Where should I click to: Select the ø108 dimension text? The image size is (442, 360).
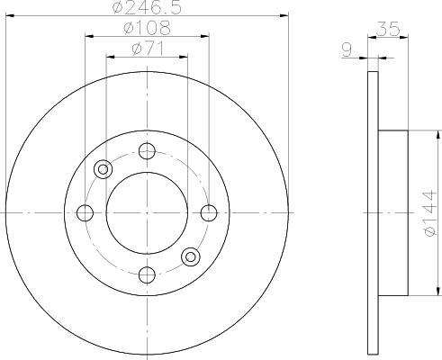148,28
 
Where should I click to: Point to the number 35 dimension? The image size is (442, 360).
388,29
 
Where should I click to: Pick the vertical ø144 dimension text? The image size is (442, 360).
429,212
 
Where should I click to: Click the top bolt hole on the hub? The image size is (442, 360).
148,151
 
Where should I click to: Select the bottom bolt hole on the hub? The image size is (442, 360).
148,274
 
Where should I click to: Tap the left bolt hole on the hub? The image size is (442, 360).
86,213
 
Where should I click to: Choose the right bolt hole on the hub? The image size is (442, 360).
209,213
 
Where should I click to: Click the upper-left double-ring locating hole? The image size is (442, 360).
104,168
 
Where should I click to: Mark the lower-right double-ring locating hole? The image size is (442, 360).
191,257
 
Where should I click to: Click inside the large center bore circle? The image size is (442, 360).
148,213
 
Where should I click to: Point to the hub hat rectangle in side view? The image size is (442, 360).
393,213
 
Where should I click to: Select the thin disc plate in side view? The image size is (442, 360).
373,213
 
